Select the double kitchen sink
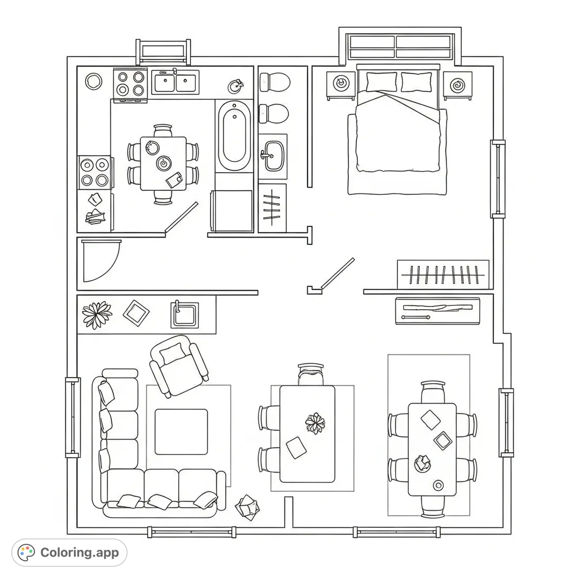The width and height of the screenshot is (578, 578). tap(176, 83)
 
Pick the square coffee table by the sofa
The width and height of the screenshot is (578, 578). tap(181, 432)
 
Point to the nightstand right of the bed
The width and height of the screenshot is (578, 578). tap(457, 85)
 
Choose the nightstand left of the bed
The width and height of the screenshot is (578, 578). tap(341, 85)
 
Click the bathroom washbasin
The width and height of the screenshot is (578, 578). tap(274, 153)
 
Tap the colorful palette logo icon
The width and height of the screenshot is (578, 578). tap(26, 553)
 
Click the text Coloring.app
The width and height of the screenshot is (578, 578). tap(80, 553)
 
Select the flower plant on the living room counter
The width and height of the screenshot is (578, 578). tap(97, 314)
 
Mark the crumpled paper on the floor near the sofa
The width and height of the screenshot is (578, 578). tap(247, 506)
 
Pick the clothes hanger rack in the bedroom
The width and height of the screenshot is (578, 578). tap(443, 275)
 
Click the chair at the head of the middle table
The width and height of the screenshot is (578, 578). tap(311, 374)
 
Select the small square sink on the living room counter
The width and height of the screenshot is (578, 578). tap(185, 315)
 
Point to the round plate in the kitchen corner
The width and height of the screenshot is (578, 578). tap(94, 81)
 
